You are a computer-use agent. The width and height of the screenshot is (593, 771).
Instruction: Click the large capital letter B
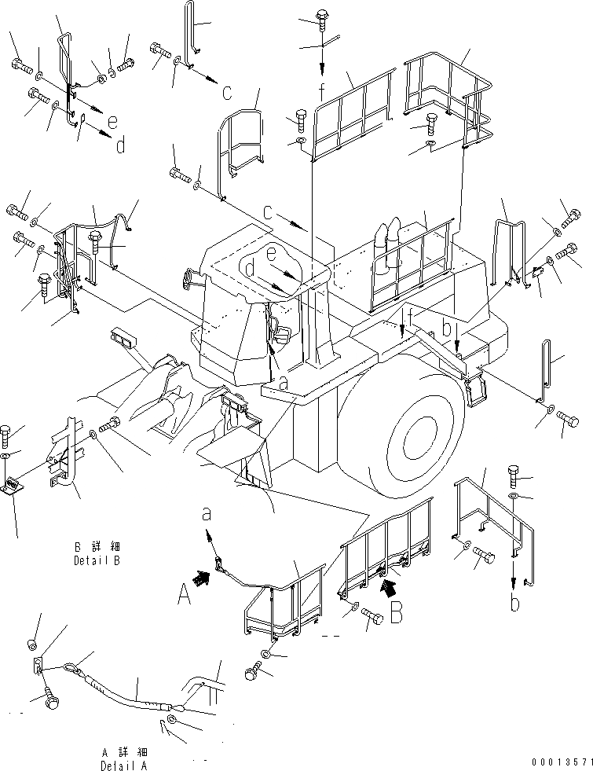tap(396, 611)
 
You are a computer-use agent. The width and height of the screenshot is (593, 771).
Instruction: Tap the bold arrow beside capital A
tap(203, 579)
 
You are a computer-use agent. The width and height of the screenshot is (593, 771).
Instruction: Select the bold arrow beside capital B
tap(386, 585)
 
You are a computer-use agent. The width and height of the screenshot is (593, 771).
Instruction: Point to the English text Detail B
tap(96, 561)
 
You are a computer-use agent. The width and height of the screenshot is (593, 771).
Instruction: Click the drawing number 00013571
tap(559, 762)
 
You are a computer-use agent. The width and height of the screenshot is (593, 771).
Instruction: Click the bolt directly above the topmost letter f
tap(322, 18)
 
